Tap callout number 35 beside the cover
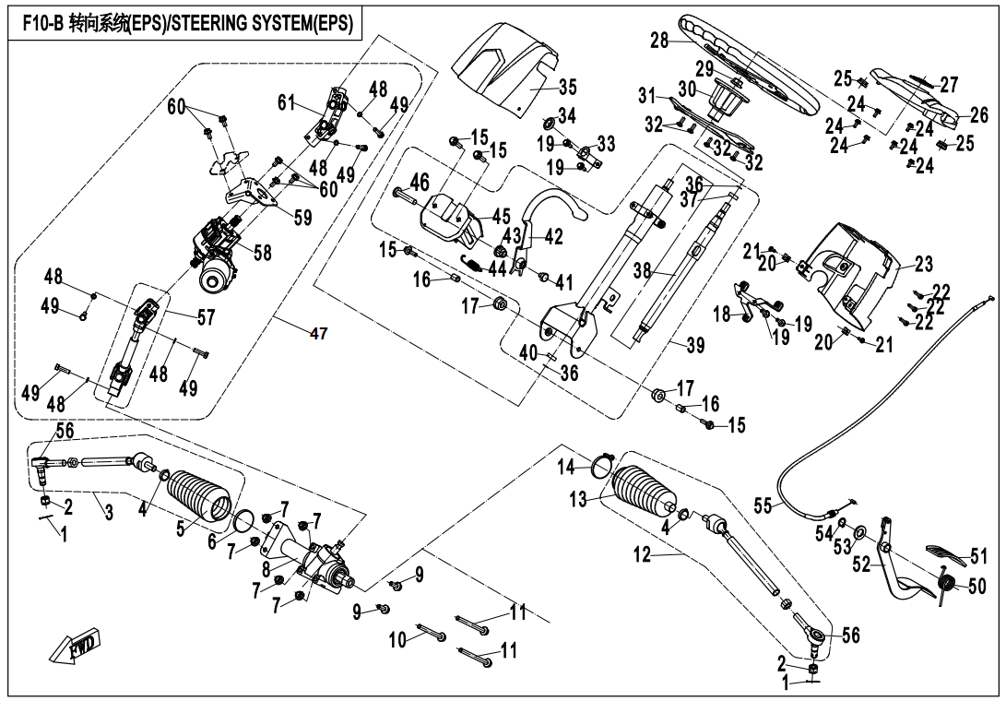(x=567, y=88)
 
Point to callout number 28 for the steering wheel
(x=658, y=41)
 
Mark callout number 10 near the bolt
(x=397, y=639)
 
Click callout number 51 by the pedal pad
(x=977, y=556)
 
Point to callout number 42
(x=553, y=237)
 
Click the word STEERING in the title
(x=234, y=25)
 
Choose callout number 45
(x=502, y=217)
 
